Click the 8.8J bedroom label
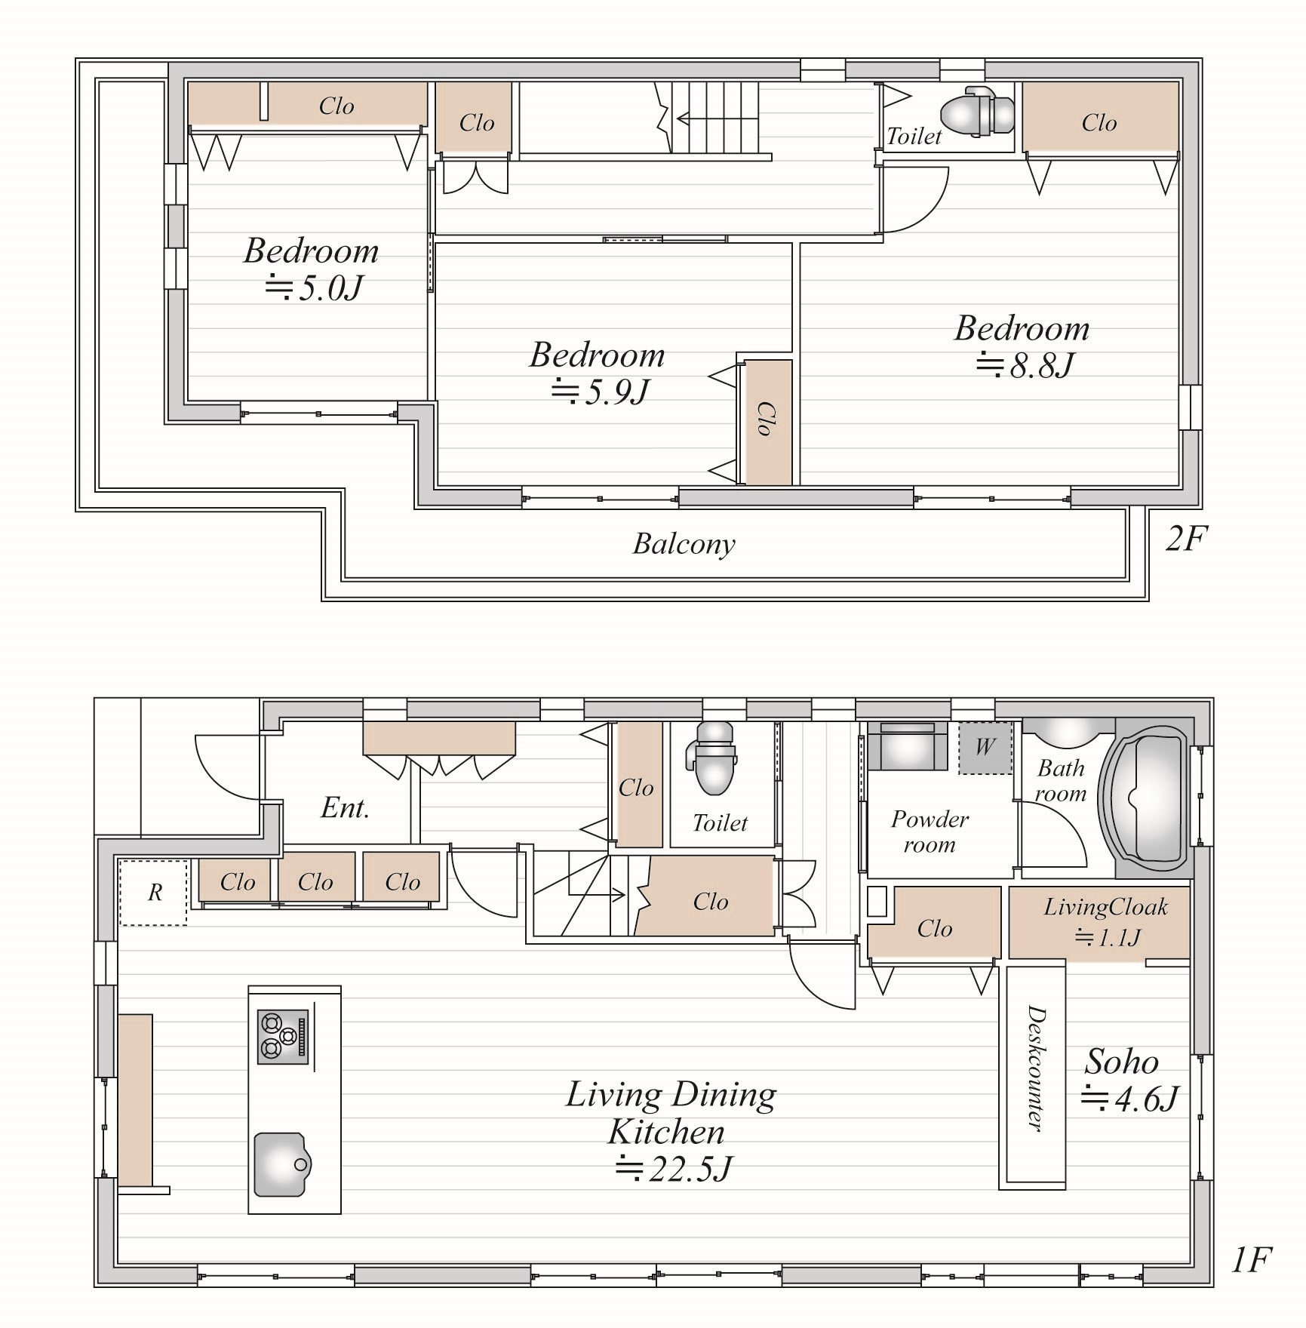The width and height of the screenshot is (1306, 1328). pos(1022,346)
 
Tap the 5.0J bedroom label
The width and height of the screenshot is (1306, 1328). pos(311,269)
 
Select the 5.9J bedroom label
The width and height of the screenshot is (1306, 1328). pos(597,373)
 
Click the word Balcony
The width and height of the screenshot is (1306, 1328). pos(684,544)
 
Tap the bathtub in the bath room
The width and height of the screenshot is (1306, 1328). pos(1145,799)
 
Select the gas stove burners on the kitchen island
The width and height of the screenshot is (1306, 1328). pos(283,1037)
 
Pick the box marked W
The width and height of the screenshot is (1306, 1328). pos(985,748)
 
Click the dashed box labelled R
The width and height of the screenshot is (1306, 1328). pos(153,893)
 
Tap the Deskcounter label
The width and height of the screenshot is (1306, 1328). pos(1035,1068)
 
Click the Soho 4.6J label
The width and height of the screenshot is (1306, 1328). pos(1129,1081)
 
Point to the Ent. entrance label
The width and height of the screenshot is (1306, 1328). pos(345,808)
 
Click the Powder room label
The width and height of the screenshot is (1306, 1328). pos(930,832)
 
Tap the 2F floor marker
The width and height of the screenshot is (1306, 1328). pos(1186,539)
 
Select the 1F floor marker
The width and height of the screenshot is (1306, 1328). pos(1252,1259)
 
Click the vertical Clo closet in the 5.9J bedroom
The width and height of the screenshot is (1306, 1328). pos(766,422)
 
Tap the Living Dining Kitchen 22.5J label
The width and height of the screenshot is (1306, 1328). pos(671,1131)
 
